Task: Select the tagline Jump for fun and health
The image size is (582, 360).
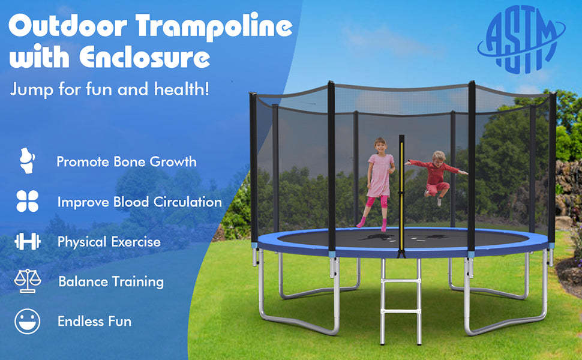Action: [x=110, y=90]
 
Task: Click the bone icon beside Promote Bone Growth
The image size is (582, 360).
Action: [x=27, y=161]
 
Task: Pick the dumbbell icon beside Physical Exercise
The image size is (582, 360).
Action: [x=28, y=242]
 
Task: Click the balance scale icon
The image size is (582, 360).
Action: [x=28, y=281]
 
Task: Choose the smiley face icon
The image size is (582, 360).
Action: [x=28, y=321]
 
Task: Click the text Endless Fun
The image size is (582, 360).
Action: [x=94, y=322]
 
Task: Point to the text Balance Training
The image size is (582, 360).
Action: [x=111, y=281]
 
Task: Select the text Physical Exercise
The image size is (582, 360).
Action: [x=109, y=242]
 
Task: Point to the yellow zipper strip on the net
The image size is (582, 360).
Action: [x=401, y=192]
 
